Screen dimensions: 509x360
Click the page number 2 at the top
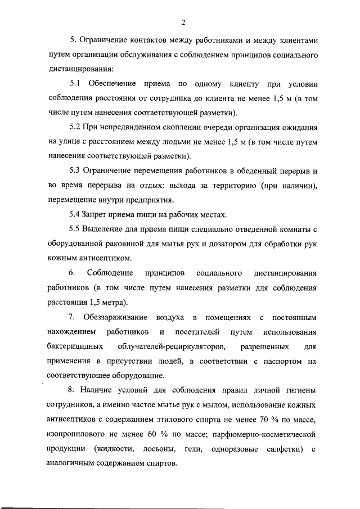click(183, 22)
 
